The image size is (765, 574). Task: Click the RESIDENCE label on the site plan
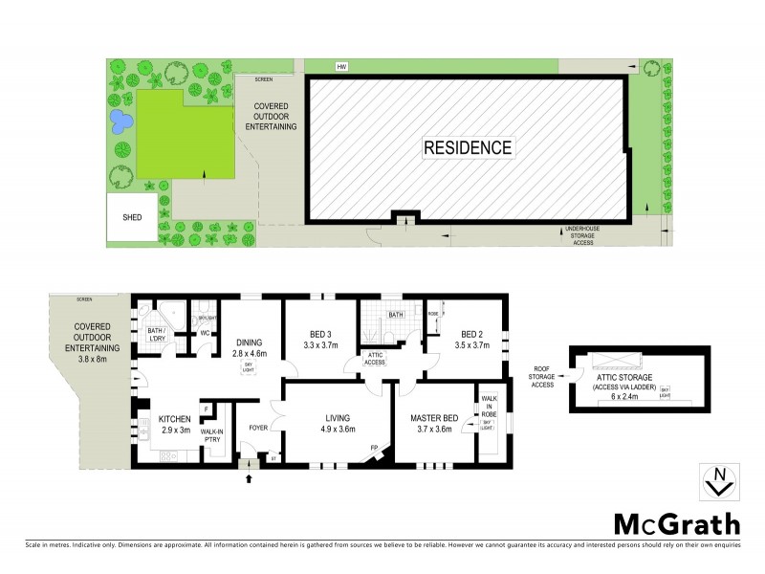pos(468,147)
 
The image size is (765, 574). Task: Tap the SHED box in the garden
pos(132,217)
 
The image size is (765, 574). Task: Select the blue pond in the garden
pos(120,121)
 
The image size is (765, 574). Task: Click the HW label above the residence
pos(340,66)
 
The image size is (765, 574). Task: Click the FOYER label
pos(258,428)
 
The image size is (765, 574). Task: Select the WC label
pos(205,333)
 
